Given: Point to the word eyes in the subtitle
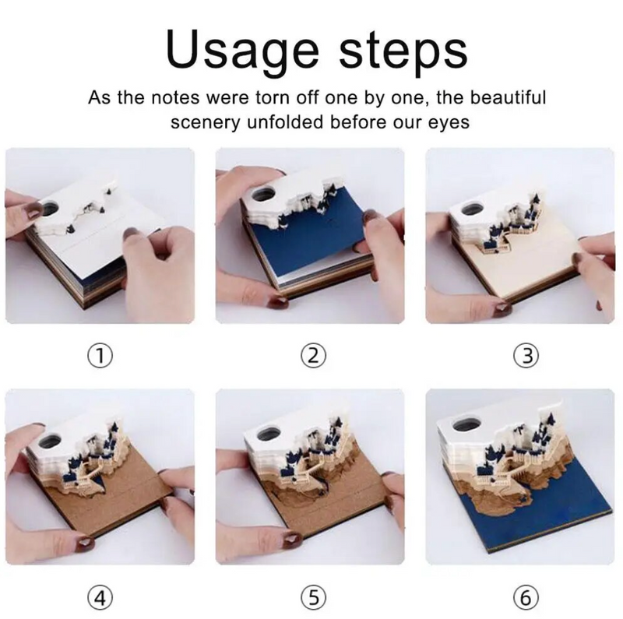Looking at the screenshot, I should point(447,122).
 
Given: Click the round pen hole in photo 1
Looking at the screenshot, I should point(55,207).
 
